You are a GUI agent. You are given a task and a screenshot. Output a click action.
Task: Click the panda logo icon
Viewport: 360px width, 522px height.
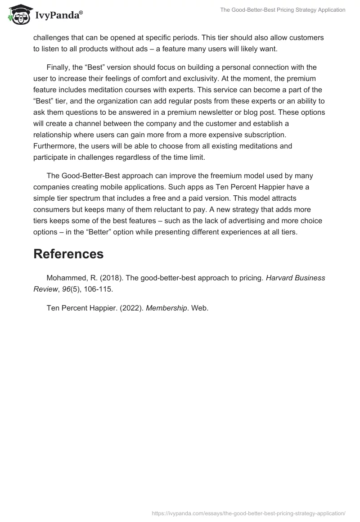click(x=18, y=15)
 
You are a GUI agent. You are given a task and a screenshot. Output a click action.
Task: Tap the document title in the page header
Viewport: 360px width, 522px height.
click(x=283, y=9)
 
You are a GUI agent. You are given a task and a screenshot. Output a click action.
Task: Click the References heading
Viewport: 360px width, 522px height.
click(x=68, y=254)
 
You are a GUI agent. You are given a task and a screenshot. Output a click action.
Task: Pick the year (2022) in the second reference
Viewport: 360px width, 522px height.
click(x=129, y=308)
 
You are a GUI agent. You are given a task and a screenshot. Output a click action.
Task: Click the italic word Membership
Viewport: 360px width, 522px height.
click(x=166, y=308)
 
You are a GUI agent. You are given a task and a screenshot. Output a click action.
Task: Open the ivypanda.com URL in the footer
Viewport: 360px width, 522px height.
click(x=248, y=513)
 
